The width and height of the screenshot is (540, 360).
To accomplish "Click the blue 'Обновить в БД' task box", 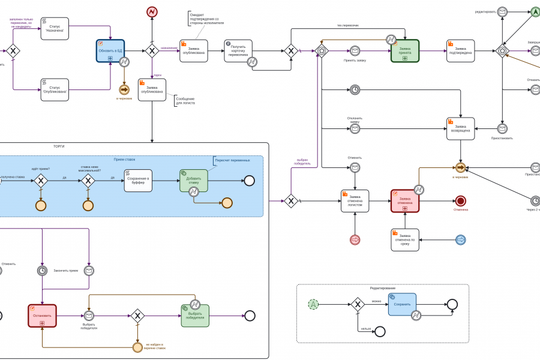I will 110,51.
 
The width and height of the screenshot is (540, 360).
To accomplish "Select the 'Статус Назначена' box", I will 55,29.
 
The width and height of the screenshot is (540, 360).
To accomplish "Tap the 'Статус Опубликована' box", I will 55,90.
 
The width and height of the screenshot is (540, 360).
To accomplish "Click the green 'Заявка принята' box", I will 404,51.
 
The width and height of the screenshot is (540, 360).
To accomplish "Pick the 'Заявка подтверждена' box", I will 460,51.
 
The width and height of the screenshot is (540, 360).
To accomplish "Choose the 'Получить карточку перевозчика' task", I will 238,51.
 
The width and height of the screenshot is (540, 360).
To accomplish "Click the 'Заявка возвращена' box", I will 460,128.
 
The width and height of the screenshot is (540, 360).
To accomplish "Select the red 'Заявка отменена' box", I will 404,201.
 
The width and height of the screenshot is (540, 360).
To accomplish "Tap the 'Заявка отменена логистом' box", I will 355,201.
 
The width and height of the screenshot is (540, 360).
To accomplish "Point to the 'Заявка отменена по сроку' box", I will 404,240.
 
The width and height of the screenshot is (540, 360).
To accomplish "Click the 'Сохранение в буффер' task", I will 138,181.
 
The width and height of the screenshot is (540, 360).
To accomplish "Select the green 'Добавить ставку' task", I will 193,181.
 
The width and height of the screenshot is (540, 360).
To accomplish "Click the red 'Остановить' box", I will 42,316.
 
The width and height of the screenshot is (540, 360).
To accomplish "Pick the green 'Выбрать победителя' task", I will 195,316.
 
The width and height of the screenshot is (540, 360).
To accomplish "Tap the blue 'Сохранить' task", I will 401,304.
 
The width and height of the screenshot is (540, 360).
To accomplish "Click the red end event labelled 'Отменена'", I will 460,201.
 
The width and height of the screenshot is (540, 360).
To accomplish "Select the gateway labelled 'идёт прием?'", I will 41,181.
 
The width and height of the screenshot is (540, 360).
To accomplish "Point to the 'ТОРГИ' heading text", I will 59,146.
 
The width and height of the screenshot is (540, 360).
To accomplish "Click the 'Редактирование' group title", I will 382,289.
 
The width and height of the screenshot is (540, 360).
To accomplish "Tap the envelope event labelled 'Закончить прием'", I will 89,271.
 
